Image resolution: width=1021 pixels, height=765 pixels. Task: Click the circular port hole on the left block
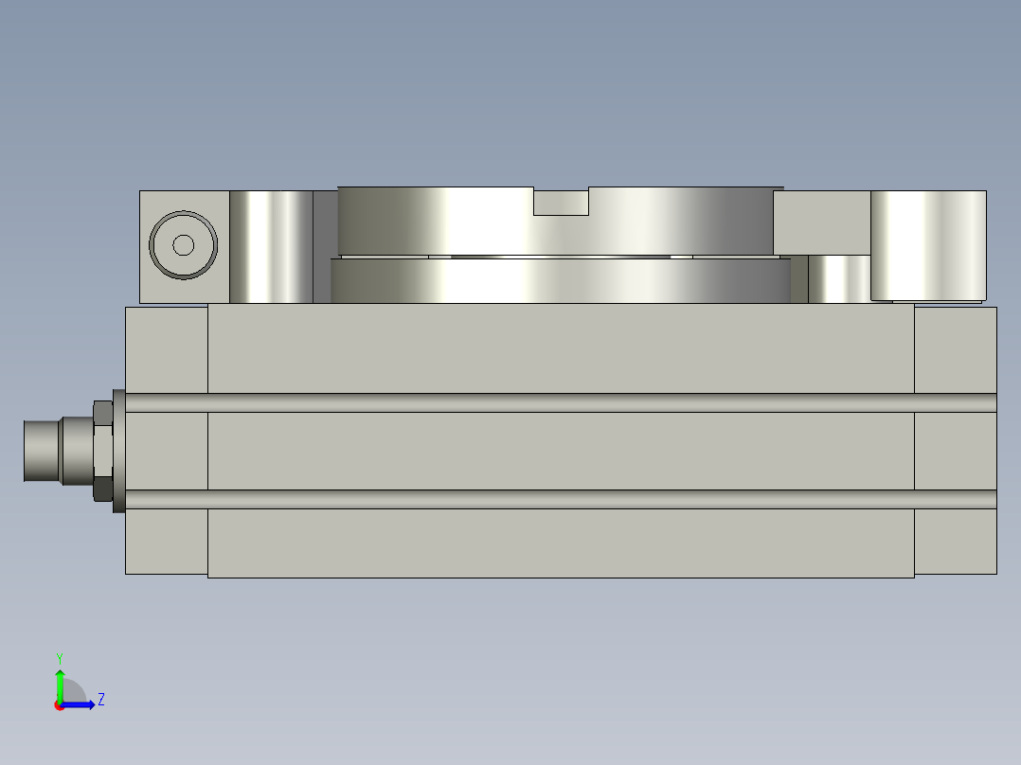[184, 245]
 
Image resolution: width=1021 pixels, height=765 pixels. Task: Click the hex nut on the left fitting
[103, 450]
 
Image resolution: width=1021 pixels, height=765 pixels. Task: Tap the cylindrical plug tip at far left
[42, 451]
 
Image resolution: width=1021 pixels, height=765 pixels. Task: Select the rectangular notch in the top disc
[561, 201]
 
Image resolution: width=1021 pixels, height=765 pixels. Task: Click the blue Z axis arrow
[81, 704]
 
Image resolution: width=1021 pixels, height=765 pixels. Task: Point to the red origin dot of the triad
[60, 705]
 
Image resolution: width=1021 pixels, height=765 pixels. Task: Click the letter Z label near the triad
[100, 700]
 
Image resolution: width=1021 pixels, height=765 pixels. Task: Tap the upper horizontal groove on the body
[559, 402]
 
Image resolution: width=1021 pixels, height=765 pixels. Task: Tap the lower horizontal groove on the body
[559, 499]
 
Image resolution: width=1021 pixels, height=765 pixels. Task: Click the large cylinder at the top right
[928, 244]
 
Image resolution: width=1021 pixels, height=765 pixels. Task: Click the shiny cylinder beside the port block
[271, 246]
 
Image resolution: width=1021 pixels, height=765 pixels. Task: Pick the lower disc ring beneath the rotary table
[559, 281]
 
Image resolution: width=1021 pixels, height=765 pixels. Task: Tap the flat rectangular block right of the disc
[820, 222]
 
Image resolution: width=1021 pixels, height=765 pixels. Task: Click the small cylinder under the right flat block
[837, 279]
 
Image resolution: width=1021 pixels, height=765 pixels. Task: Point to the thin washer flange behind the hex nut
[118, 451]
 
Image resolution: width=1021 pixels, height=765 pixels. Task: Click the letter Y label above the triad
[59, 657]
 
